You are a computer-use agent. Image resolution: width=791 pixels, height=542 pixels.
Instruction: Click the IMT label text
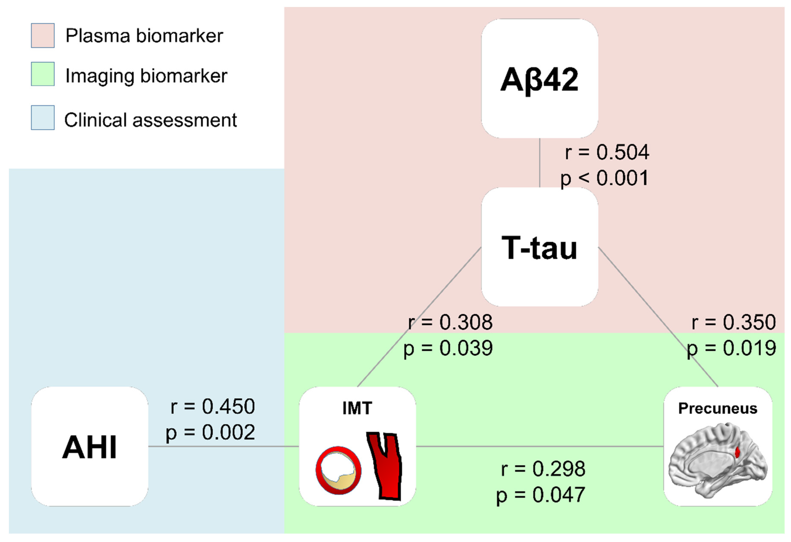pyautogui.click(x=357, y=408)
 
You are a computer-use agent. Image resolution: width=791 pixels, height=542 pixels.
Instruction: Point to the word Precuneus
pyautogui.click(x=718, y=408)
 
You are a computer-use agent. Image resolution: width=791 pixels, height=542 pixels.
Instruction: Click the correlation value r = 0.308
pyautogui.click(x=450, y=322)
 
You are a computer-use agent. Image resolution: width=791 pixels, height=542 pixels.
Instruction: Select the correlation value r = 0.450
pyautogui.click(x=212, y=406)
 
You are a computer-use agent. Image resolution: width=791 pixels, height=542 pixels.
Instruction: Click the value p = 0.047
pyautogui.click(x=541, y=495)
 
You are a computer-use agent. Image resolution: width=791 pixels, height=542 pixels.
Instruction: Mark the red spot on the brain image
pyautogui.click(x=737, y=452)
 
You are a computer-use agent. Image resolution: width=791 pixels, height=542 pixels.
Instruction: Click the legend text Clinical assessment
pyautogui.click(x=150, y=120)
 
